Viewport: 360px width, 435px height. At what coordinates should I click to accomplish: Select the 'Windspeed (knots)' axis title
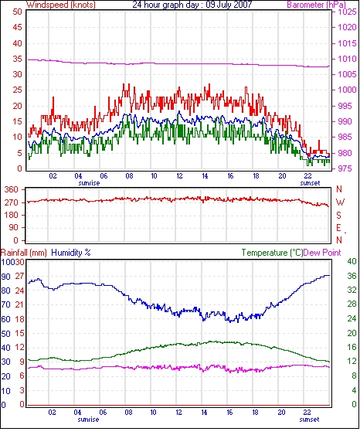click(x=61, y=5)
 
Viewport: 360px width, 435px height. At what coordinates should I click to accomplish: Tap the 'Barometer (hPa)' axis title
click(x=317, y=5)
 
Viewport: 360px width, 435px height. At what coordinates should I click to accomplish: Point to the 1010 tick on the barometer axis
click(x=347, y=59)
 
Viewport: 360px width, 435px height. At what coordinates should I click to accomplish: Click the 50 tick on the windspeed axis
click(x=17, y=12)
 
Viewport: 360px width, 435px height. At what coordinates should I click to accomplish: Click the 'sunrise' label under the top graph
click(x=89, y=183)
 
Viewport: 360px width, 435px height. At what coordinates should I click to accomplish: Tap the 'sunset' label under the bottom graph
click(x=309, y=420)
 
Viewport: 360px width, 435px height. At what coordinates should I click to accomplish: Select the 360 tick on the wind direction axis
click(x=12, y=190)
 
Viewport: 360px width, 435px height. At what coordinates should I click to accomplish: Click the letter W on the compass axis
click(x=340, y=202)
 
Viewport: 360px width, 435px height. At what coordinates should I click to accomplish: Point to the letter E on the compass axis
click(x=338, y=228)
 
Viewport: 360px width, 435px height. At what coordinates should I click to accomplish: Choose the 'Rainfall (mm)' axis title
click(x=24, y=253)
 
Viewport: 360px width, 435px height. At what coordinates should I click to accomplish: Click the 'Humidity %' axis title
click(x=71, y=253)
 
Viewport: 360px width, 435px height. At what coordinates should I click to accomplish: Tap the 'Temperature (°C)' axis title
click(x=272, y=253)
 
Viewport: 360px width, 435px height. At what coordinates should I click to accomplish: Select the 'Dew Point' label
click(x=322, y=253)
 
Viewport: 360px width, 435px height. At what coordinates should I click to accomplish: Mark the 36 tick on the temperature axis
click(x=352, y=276)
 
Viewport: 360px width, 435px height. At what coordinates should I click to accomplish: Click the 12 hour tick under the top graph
click(x=179, y=176)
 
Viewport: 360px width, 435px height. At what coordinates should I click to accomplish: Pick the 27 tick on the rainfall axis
click(x=19, y=277)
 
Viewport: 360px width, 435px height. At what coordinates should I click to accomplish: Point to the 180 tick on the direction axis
click(x=12, y=215)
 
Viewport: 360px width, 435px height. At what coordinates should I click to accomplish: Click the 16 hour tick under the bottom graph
click(x=229, y=413)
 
